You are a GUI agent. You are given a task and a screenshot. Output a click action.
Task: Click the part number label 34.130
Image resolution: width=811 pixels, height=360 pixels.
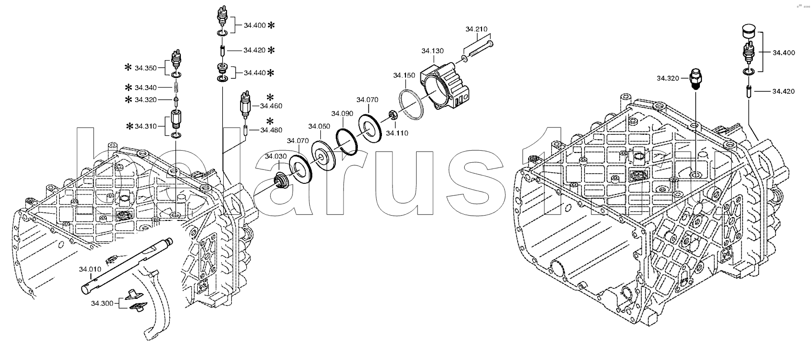(x=432, y=51)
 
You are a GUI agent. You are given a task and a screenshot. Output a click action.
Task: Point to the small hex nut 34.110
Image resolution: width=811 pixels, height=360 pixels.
(x=393, y=116)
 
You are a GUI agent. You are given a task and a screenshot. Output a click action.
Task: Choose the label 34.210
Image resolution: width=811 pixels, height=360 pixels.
(x=477, y=29)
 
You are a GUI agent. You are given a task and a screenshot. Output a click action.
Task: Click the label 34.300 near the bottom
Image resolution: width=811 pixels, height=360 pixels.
(x=102, y=304)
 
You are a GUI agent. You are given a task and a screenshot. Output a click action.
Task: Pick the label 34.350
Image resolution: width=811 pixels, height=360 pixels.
(x=146, y=68)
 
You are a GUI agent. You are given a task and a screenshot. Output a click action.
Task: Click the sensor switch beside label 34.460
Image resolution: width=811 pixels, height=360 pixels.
(x=246, y=105)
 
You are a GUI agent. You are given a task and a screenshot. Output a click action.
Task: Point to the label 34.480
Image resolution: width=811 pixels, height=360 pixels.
(x=271, y=130)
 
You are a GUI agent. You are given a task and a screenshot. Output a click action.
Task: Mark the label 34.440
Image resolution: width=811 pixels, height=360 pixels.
(x=255, y=73)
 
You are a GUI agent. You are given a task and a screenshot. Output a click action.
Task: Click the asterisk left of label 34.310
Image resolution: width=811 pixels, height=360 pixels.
(x=129, y=126)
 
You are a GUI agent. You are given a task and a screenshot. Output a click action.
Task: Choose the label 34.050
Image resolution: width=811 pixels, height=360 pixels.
(x=319, y=127)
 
